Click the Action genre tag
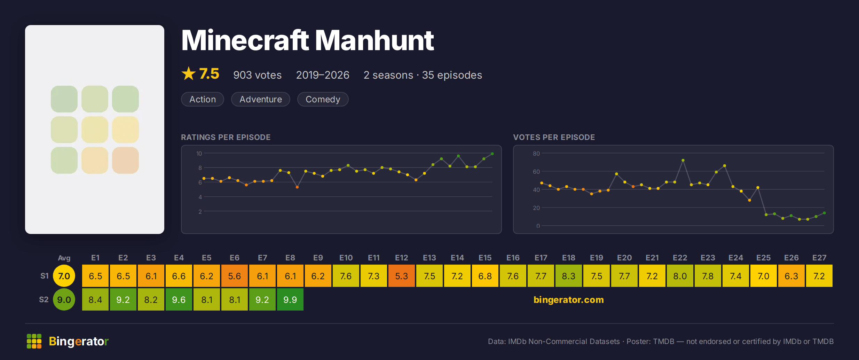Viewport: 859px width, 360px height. [x=203, y=99]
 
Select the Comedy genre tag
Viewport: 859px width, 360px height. [x=323, y=99]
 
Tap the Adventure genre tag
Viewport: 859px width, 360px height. [x=261, y=99]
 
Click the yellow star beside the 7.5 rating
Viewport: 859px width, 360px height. [x=189, y=73]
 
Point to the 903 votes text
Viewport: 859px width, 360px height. [x=258, y=75]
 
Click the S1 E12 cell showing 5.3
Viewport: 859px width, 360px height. [x=402, y=276]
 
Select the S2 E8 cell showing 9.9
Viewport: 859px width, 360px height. [x=290, y=299]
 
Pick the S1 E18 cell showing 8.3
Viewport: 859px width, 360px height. [x=569, y=276]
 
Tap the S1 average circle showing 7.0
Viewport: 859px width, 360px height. [x=64, y=276]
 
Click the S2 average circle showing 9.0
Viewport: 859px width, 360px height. [x=64, y=299]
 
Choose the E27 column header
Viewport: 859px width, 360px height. [x=819, y=258]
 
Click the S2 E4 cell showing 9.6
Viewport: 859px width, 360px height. [x=179, y=299]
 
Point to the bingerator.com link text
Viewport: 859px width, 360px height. [x=569, y=300]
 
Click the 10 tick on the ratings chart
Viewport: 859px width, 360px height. [x=199, y=154]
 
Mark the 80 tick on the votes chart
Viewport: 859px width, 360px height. [x=536, y=154]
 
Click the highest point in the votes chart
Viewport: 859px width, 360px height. [x=683, y=160]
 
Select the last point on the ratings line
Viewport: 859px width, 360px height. [x=492, y=154]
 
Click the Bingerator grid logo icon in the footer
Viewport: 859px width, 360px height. [x=34, y=341]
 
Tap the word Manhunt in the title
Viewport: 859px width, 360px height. [x=375, y=40]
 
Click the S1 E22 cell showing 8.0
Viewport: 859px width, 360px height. [x=680, y=276]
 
